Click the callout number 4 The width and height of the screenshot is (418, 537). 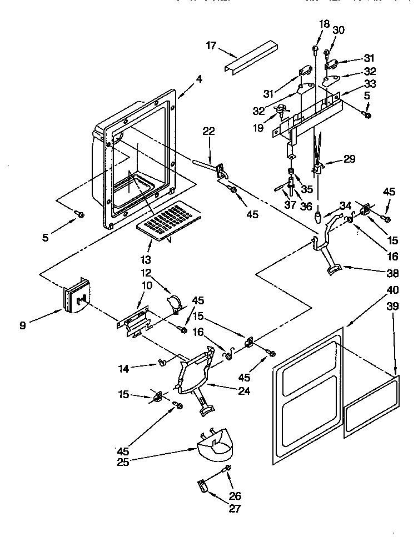tap(199, 79)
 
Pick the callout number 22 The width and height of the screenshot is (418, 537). tap(208, 131)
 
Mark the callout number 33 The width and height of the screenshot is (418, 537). tap(370, 84)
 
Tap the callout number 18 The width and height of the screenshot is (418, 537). tap(324, 23)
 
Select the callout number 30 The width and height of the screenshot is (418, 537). tap(339, 31)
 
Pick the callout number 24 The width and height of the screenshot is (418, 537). tap(244, 391)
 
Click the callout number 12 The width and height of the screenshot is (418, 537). tap(146, 273)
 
